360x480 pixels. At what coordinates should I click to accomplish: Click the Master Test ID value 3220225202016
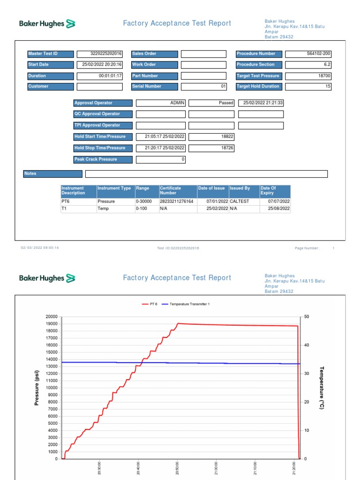(x=105, y=54)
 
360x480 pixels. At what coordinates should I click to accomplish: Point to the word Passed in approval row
(x=226, y=103)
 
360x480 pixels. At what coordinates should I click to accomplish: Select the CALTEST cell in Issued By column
(x=240, y=202)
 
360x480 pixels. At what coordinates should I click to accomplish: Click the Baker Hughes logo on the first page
(x=47, y=23)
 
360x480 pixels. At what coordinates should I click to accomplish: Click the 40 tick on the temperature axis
(x=307, y=345)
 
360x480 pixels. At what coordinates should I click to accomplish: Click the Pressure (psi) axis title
(x=37, y=388)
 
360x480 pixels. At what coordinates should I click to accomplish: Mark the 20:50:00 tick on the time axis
(x=178, y=469)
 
